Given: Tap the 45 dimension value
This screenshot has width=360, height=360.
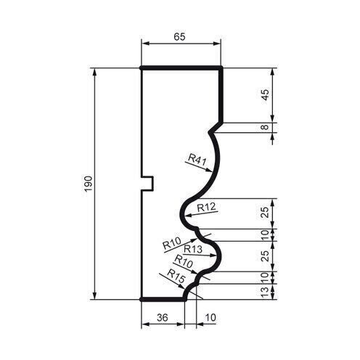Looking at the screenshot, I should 266,95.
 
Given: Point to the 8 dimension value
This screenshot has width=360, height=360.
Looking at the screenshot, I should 266,128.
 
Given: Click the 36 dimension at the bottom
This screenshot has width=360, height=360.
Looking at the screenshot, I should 162,318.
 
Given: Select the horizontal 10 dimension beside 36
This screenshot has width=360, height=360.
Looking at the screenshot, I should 210,318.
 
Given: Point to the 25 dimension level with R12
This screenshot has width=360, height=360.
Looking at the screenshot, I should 266,212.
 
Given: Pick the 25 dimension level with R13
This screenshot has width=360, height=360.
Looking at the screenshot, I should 266,255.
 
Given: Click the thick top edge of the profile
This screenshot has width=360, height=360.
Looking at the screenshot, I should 180,67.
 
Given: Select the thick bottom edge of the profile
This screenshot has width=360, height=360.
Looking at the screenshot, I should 162,298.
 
